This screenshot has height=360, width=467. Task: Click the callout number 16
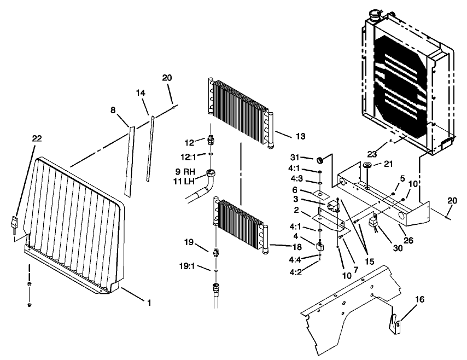coord(419,299)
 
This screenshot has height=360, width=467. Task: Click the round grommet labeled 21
coord(367,166)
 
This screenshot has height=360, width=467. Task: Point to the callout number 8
coord(114,110)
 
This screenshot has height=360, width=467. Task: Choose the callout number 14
coord(141,93)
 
